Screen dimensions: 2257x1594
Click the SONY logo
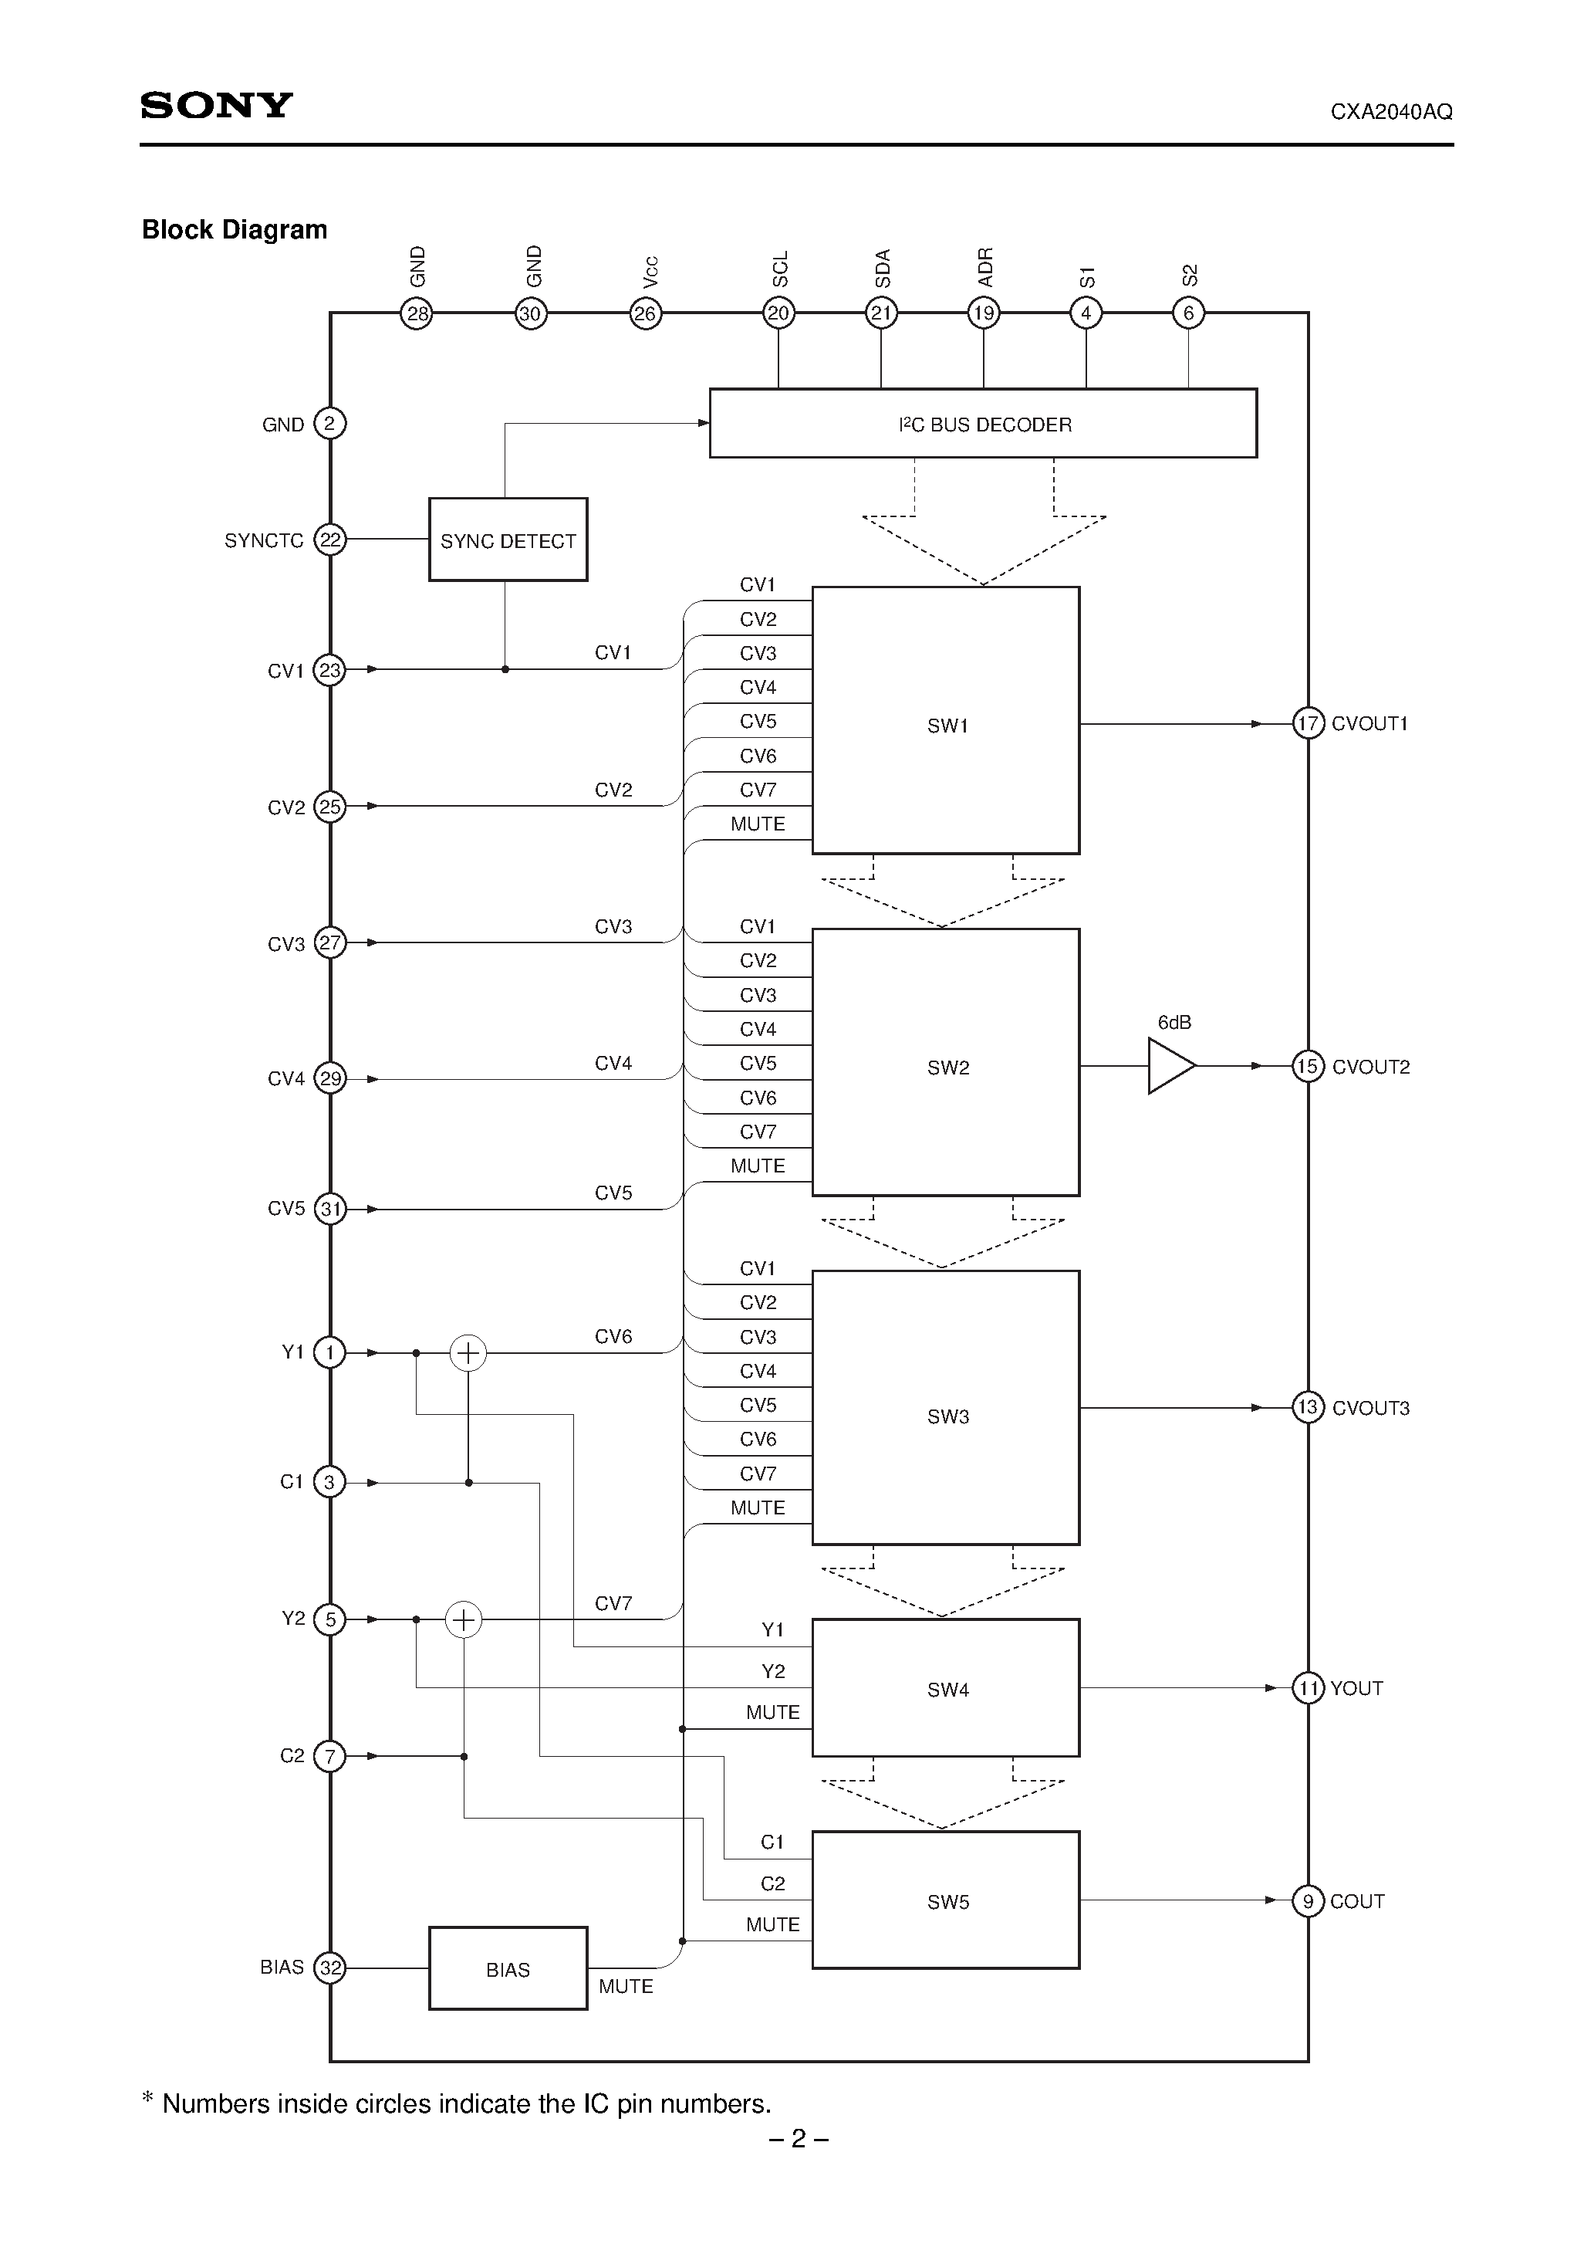tap(216, 105)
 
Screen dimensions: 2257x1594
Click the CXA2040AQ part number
tap(1390, 112)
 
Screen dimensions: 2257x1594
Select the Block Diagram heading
tap(234, 229)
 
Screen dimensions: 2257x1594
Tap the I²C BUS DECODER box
tap(983, 424)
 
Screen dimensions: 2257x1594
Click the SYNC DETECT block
tap(508, 540)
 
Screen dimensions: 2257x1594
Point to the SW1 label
tap(947, 726)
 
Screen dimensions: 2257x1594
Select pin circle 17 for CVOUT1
tap(1307, 723)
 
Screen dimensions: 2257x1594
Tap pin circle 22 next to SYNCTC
tap(330, 540)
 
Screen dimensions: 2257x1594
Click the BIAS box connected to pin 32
tap(508, 1969)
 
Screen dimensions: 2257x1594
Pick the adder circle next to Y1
tap(468, 1354)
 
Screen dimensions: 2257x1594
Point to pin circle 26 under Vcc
tap(646, 313)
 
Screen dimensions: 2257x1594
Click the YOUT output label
tap(1356, 1688)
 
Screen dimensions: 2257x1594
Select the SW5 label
tap(947, 1901)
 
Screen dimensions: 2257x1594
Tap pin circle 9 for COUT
tap(1307, 1901)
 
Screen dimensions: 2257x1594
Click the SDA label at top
tap(882, 269)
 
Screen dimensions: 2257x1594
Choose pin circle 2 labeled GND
tap(330, 424)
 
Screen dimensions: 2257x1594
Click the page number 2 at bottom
tap(798, 2138)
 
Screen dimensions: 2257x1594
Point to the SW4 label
tap(947, 1689)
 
